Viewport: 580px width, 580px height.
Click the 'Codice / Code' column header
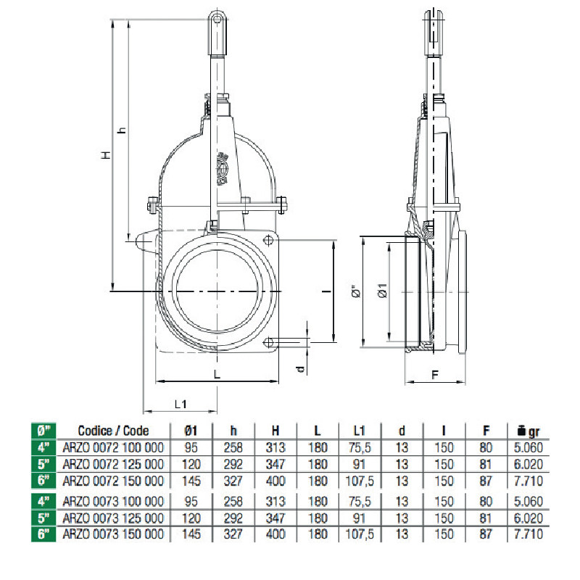[x=113, y=431]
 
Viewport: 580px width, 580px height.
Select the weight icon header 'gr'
[x=529, y=431]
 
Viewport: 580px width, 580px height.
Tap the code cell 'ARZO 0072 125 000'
[x=113, y=464]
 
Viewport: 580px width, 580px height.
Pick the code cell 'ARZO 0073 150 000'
[x=113, y=534]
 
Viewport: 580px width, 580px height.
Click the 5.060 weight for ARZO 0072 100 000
[x=529, y=447]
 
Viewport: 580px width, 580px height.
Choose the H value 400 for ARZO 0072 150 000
[x=275, y=481]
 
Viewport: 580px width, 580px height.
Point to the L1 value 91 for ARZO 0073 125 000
[x=359, y=518]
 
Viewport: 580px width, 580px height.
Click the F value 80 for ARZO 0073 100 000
[x=486, y=501]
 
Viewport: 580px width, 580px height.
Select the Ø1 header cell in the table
[x=191, y=431]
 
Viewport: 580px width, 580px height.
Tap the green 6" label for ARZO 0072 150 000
[x=43, y=481]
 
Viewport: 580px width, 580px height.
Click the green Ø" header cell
[x=43, y=431]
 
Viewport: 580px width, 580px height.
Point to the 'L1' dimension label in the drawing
[x=181, y=405]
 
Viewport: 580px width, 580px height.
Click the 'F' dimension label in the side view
[x=435, y=375]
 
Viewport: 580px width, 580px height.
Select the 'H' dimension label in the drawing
[x=106, y=154]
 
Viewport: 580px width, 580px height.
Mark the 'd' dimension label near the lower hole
[x=302, y=369]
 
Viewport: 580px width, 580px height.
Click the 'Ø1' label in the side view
[x=383, y=291]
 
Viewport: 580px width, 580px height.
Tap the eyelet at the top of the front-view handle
[x=217, y=17]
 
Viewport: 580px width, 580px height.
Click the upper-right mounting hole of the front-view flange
[x=268, y=241]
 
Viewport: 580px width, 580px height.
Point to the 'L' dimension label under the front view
[x=217, y=374]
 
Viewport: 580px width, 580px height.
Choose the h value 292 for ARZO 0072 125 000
[x=233, y=464]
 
